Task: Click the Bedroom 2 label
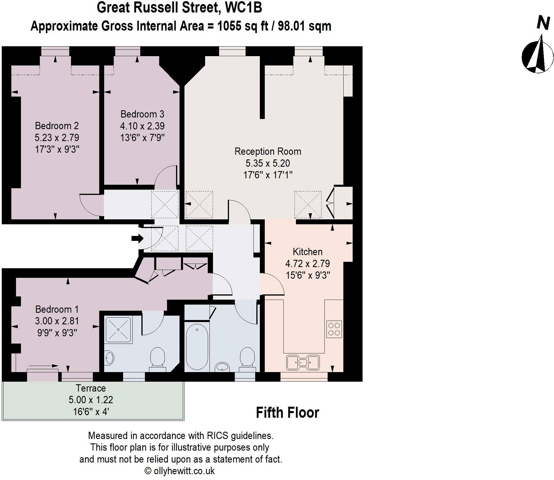point(57,126)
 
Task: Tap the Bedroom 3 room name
point(142,114)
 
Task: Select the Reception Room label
point(268,152)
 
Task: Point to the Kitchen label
point(308,252)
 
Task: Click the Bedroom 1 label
point(57,309)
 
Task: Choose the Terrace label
point(91,388)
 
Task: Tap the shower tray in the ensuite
point(119,329)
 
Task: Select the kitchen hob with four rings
point(334,329)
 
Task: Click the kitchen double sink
point(303,362)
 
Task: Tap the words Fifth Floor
point(287,413)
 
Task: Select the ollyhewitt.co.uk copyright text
point(180,471)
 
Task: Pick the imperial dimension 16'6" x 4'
point(91,412)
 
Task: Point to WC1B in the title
point(244,8)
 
